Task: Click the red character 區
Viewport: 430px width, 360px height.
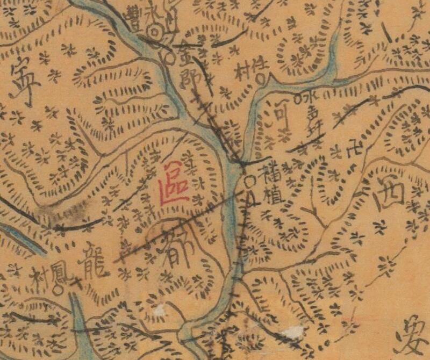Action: [x=173, y=183]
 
